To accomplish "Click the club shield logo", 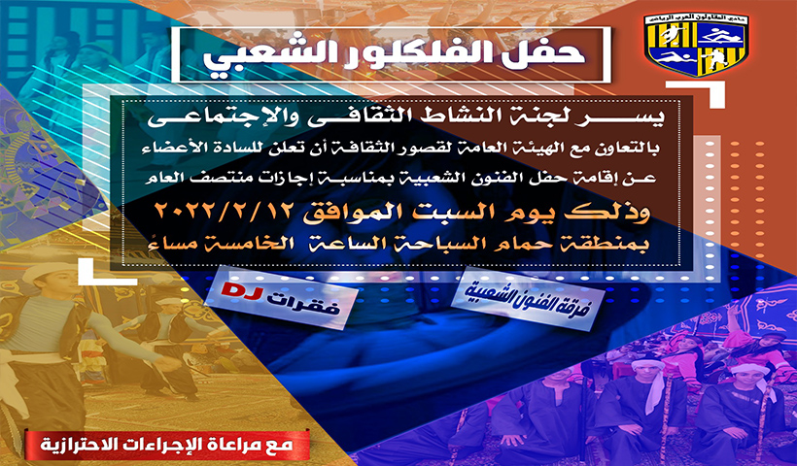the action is [x=696, y=45].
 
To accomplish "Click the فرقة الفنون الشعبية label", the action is [x=526, y=297].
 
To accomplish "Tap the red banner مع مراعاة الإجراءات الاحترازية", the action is [x=167, y=445].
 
